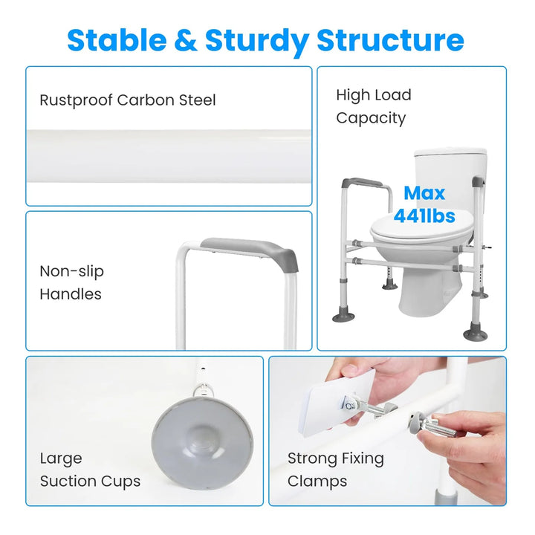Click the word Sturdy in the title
257,42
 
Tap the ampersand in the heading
186,40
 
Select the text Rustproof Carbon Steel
128,100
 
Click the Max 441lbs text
424,204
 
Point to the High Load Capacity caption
374,106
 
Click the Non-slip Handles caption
71,282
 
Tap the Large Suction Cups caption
90,470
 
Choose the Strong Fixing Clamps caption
336,470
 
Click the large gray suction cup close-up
202,439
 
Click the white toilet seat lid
422,227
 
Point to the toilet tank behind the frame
450,178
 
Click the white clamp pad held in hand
336,403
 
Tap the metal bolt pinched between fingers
437,426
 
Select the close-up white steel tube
169,156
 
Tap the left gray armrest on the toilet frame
362,183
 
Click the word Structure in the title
390,40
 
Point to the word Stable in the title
117,40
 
